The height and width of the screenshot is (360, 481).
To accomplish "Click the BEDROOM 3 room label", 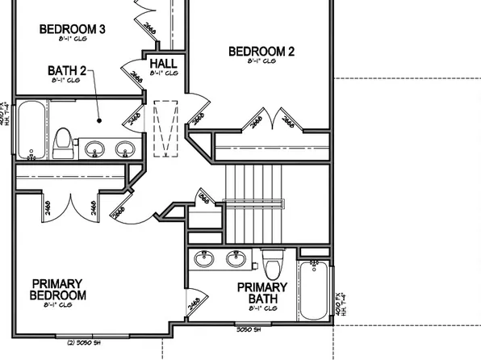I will click(73, 30).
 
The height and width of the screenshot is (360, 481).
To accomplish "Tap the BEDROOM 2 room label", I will click(261, 52).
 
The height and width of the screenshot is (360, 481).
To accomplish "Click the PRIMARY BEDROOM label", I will click(59, 289).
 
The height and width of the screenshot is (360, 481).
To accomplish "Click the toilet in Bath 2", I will click(61, 142).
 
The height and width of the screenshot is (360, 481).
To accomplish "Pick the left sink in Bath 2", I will click(96, 149).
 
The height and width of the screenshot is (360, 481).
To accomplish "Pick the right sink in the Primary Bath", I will click(236, 258).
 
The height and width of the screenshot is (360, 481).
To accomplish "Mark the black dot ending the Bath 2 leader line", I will click(99, 121).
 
